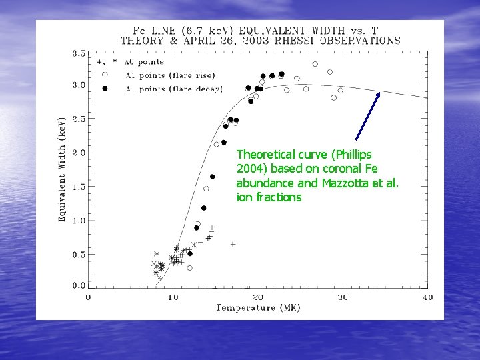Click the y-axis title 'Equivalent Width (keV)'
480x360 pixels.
tap(62, 167)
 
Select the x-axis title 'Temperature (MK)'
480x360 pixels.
tap(258, 307)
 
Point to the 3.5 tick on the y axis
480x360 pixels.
tap(78, 53)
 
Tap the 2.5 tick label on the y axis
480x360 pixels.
tap(78, 119)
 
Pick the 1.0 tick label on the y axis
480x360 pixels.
tap(78, 221)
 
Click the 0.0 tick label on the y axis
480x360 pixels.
tap(78, 285)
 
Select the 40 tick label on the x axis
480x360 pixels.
tap(427, 297)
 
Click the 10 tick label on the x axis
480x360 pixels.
tap(173, 297)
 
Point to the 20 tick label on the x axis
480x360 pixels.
tap(257, 297)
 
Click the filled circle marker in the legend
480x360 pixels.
tap(105, 89)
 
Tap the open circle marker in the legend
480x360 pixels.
tap(105, 75)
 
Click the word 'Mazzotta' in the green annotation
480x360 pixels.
tap(340, 183)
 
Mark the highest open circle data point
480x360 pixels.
tap(315, 64)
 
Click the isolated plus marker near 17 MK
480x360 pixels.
tap(233, 245)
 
